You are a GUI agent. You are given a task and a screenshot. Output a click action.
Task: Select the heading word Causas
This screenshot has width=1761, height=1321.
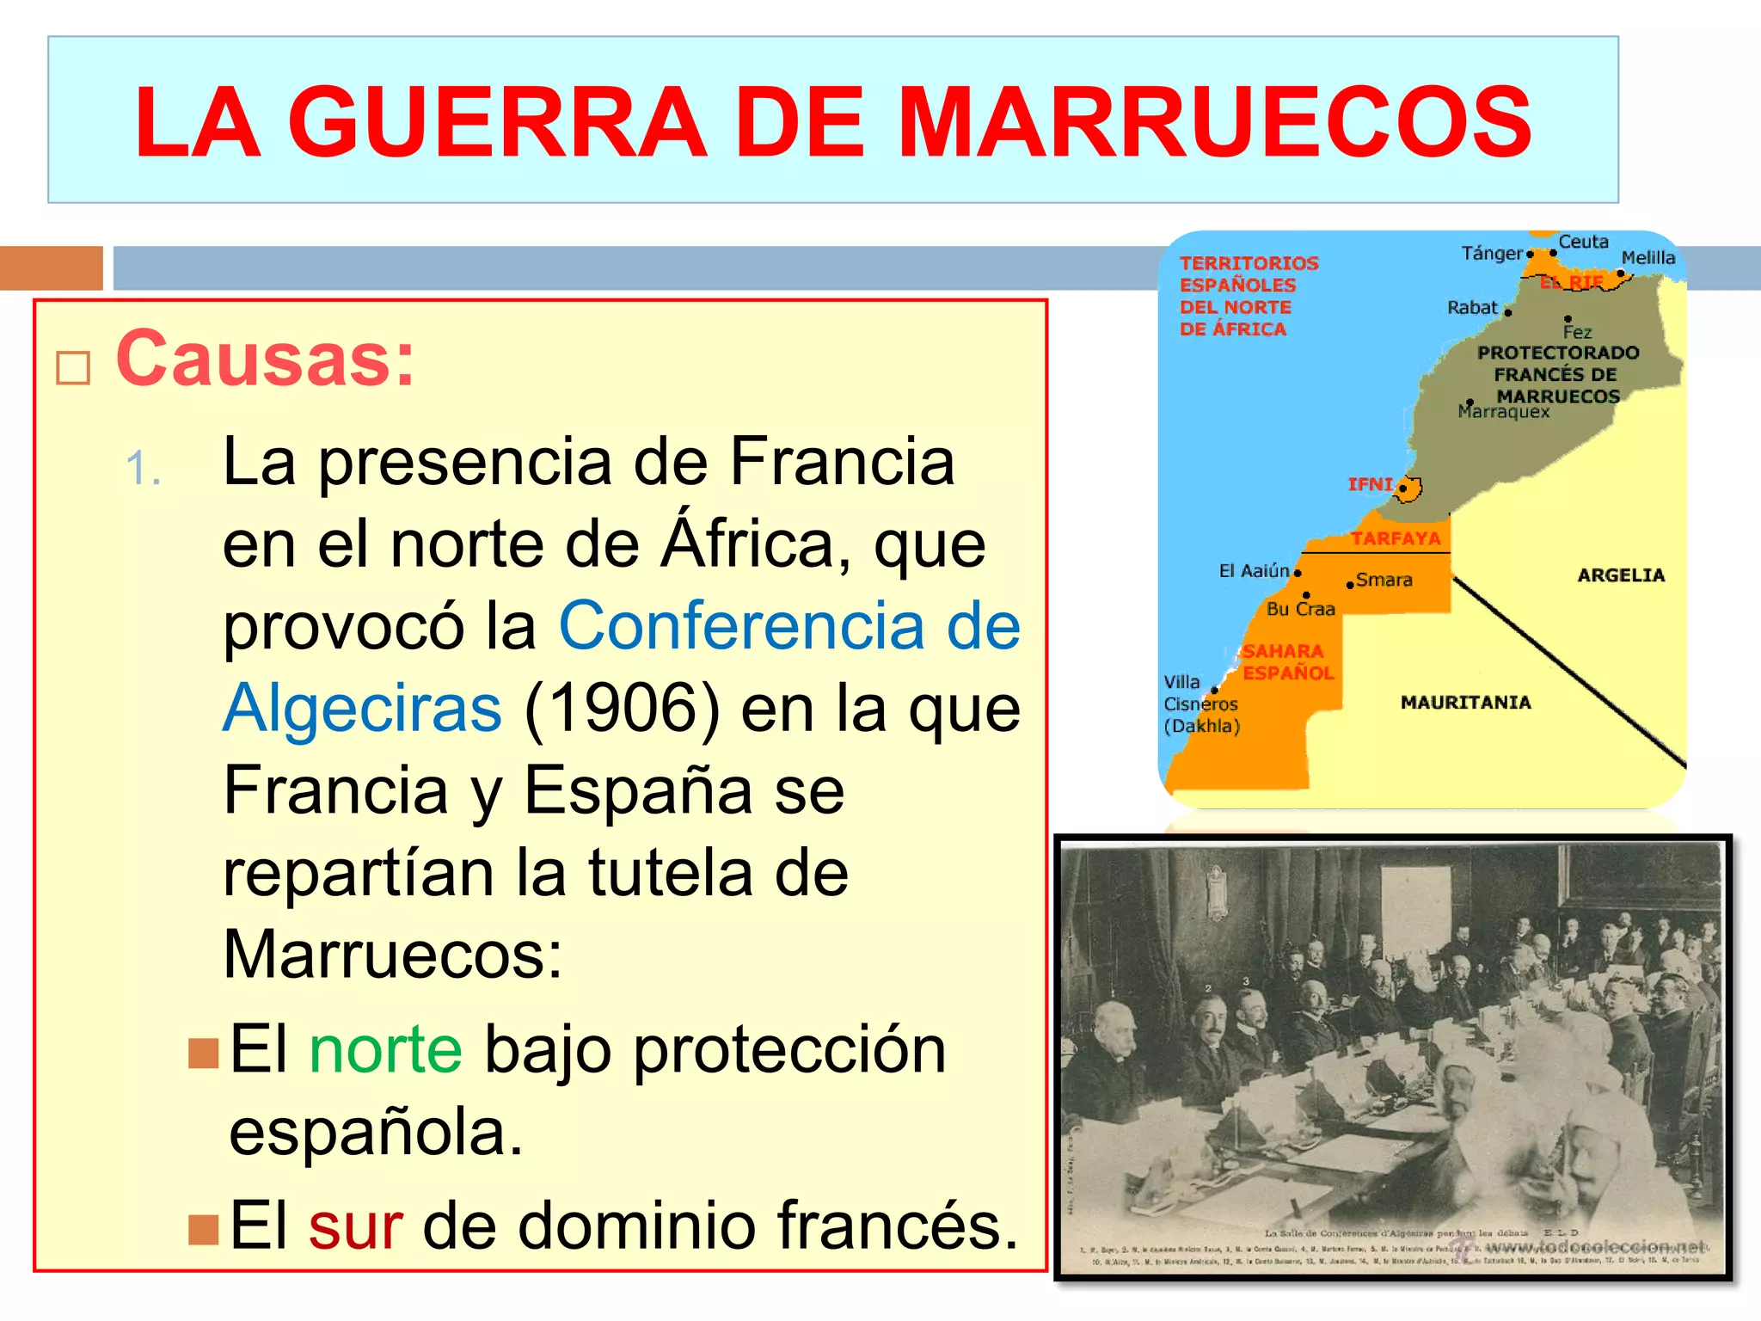tap(265, 359)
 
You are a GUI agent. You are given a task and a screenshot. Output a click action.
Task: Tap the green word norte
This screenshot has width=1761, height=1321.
tap(385, 1050)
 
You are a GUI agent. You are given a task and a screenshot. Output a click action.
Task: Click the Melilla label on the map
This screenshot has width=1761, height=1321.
tap(1647, 258)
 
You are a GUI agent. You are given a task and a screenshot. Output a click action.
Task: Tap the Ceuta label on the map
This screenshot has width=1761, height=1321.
tap(1583, 242)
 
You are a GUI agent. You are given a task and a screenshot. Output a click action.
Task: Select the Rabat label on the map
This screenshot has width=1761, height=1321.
tap(1472, 308)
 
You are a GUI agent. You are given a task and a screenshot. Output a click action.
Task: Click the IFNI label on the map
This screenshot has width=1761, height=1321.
tap(1370, 484)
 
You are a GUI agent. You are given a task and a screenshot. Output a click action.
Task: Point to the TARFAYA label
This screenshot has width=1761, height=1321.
tap(1395, 539)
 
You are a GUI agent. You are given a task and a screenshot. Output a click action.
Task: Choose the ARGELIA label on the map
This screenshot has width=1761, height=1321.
tap(1621, 575)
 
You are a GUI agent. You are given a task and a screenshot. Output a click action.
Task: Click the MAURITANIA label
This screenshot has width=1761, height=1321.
tap(1465, 703)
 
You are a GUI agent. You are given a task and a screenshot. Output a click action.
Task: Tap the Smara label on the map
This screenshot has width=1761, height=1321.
tap(1384, 581)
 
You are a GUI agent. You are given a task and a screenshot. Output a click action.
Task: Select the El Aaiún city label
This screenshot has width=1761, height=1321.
tap(1254, 571)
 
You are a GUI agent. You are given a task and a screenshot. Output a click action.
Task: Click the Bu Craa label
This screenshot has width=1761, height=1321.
tap(1300, 609)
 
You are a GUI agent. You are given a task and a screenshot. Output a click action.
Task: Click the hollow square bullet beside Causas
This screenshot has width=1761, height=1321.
tap(73, 368)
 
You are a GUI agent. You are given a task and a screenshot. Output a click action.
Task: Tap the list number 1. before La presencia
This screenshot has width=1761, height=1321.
tap(143, 470)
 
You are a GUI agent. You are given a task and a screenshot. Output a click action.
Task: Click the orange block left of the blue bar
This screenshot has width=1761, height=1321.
tap(52, 267)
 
